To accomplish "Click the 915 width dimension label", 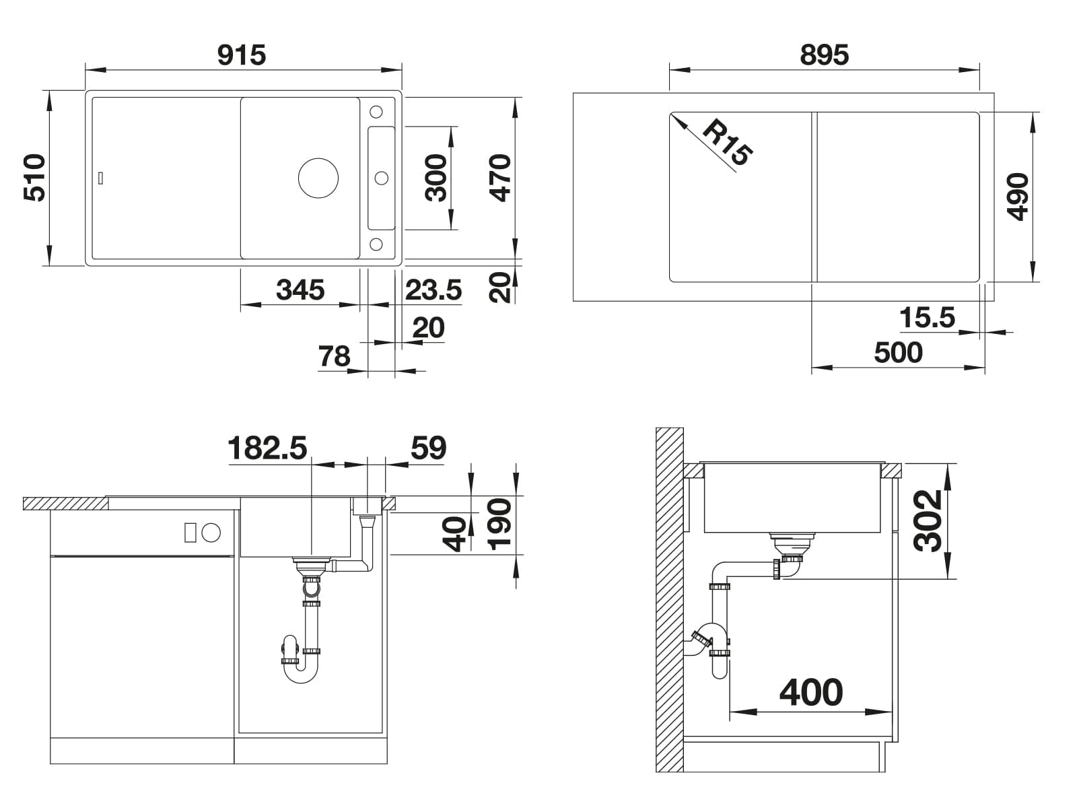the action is click(x=242, y=55).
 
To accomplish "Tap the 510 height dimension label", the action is click(x=35, y=178).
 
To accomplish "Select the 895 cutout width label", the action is click(x=825, y=55).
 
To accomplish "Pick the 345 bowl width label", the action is click(x=300, y=290).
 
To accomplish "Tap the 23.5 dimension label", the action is click(x=433, y=290).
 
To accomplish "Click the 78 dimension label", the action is click(x=334, y=356).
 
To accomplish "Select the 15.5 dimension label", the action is click(x=928, y=317).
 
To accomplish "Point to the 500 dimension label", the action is click(x=899, y=353).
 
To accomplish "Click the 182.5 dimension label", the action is click(x=267, y=448).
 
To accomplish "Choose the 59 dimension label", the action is click(x=428, y=448).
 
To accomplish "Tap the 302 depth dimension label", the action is click(x=928, y=521).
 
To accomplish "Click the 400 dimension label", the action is click(x=811, y=693).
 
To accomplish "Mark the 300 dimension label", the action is click(x=436, y=178).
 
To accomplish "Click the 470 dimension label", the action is click(x=501, y=178).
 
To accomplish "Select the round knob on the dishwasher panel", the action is click(x=211, y=533).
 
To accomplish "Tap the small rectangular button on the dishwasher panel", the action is click(x=190, y=533).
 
